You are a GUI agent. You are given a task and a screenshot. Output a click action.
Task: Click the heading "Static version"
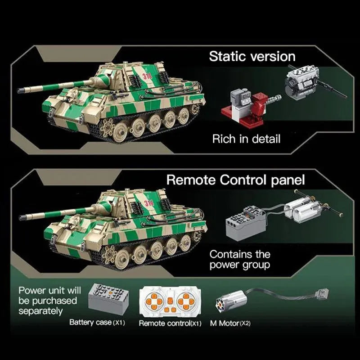click(x=252, y=57)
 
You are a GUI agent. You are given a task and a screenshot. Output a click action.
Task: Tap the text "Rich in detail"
click(x=246, y=139)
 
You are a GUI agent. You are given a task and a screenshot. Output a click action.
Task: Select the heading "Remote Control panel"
click(x=235, y=180)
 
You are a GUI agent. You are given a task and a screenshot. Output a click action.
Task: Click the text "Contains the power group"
click(x=240, y=260)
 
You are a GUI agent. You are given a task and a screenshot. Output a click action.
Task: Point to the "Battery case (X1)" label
click(x=97, y=322)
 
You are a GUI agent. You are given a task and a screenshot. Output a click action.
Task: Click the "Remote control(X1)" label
click(x=170, y=323)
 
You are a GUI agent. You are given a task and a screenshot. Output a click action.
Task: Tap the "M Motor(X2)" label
click(x=230, y=323)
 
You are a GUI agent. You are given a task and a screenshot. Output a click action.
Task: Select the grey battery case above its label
click(x=108, y=298)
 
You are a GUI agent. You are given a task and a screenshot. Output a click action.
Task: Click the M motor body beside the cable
click(x=231, y=301)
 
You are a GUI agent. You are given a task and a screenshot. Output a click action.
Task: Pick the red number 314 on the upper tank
click(x=147, y=76)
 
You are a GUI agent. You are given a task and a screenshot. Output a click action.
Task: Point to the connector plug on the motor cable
click(x=323, y=293)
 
